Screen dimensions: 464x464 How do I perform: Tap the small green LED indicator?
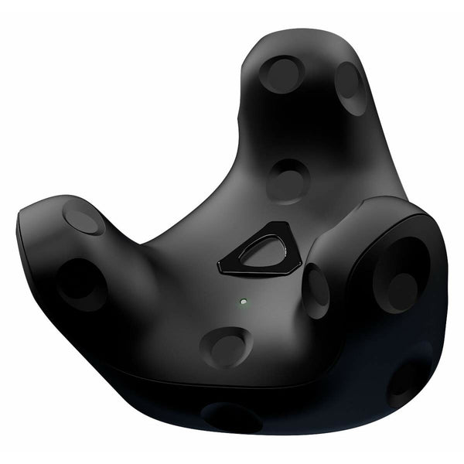(243, 301)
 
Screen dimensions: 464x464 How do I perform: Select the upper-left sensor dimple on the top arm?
(281, 74)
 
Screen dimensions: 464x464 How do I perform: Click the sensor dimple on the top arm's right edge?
(350, 87)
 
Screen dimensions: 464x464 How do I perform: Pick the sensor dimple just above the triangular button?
(288, 181)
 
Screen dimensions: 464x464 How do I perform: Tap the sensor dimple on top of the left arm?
(84, 217)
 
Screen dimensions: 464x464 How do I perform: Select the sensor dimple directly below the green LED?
(226, 346)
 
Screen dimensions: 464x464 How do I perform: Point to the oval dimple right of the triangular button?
(316, 291)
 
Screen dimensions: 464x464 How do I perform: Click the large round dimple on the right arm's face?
(400, 275)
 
